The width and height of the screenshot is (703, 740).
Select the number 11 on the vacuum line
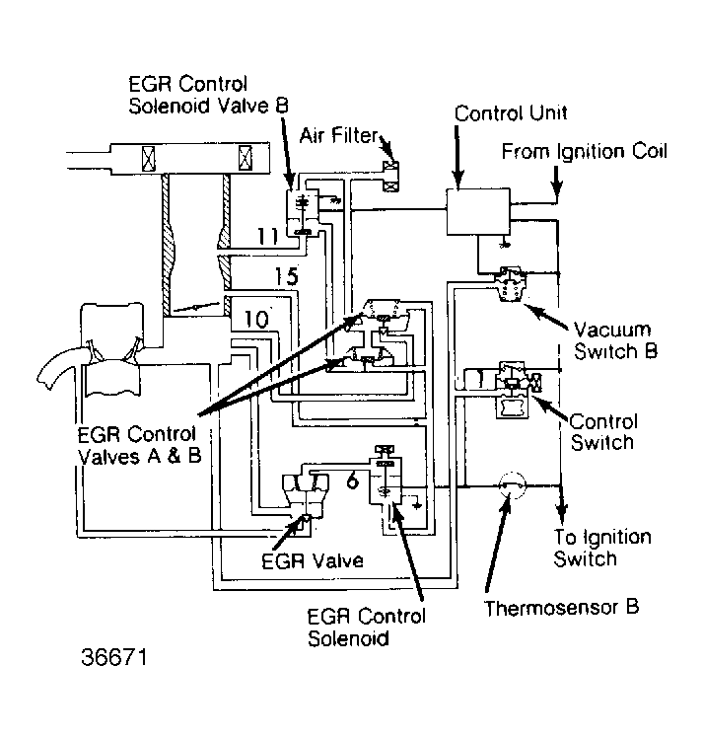pos(267,236)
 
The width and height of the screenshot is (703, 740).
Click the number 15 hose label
pos(285,279)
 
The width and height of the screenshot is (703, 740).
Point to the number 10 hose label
pos(255,320)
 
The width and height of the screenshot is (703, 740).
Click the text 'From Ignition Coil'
pos(584,152)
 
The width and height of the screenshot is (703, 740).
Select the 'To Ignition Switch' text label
pos(602,548)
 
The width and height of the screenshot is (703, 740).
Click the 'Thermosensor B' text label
pos(561,606)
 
